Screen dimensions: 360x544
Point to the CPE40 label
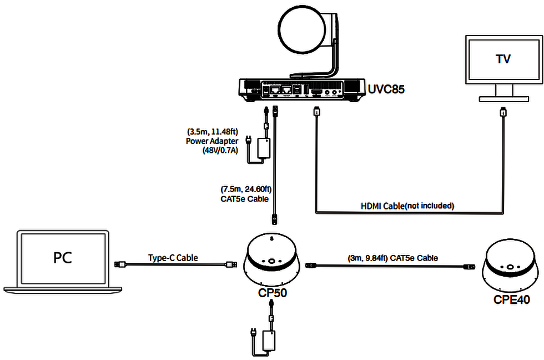click(511, 300)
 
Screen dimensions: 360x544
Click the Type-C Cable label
click(173, 258)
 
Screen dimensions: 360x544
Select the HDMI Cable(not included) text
click(407, 206)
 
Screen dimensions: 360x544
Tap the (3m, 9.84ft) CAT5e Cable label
click(392, 258)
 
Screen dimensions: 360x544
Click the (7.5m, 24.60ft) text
click(245, 189)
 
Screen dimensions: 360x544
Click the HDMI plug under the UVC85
click(316, 112)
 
